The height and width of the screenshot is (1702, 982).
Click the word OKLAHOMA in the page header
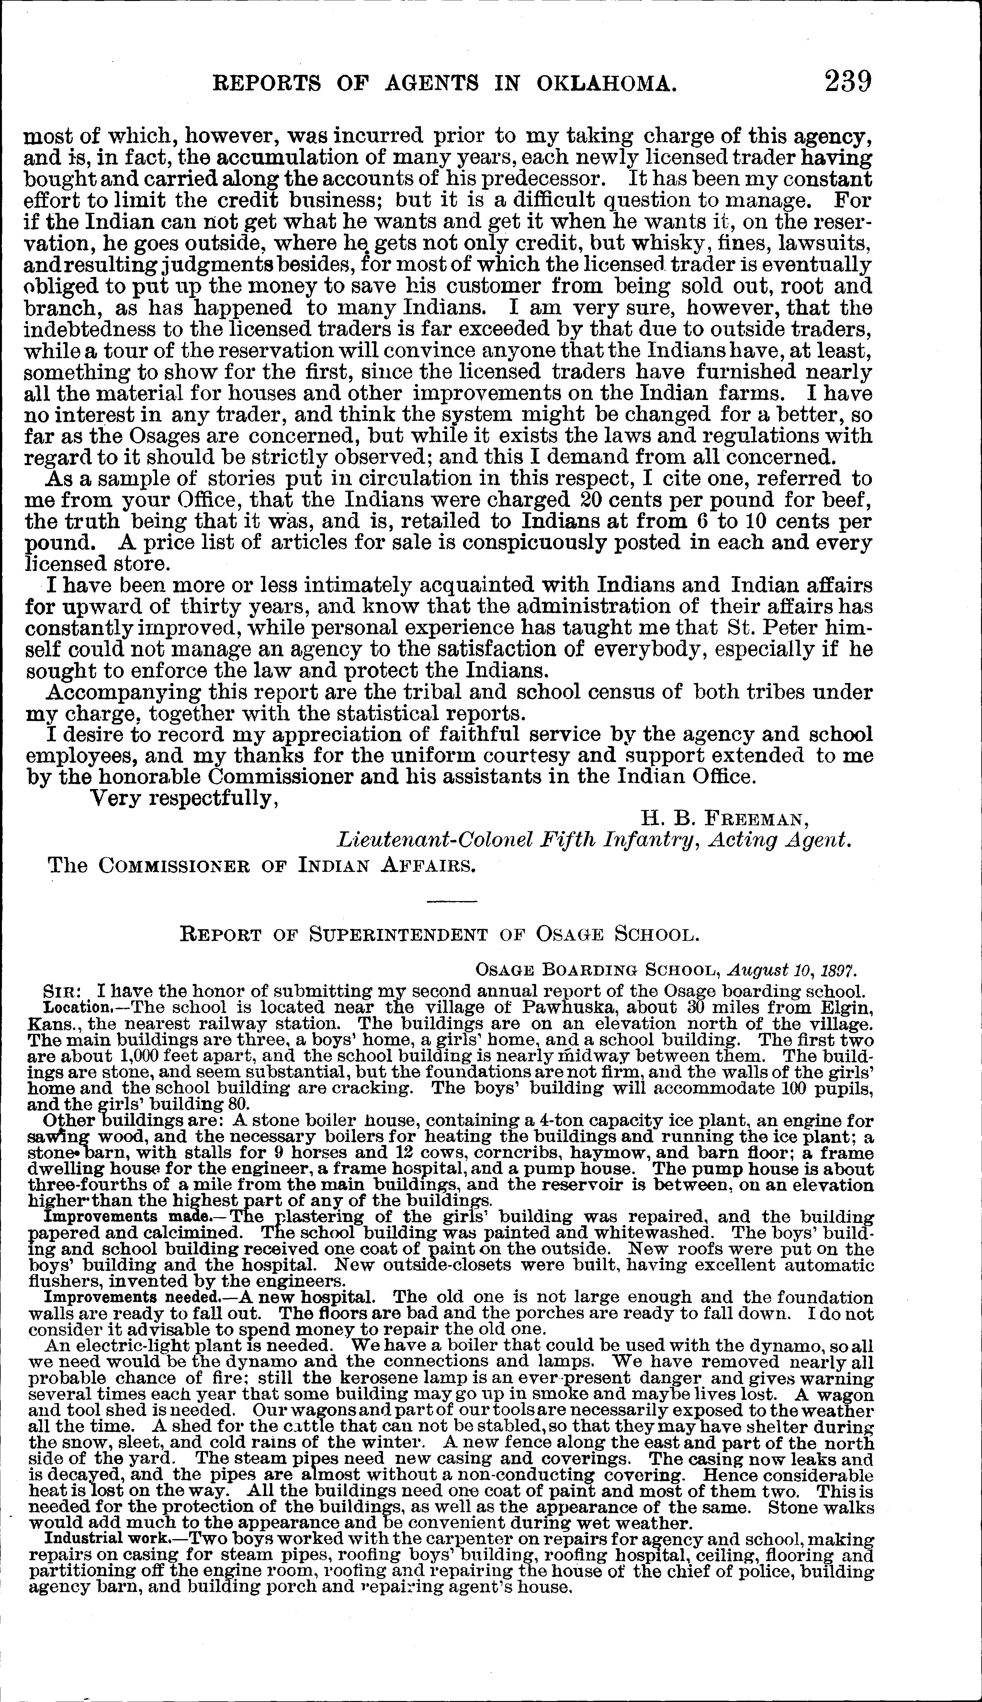point(606,84)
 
